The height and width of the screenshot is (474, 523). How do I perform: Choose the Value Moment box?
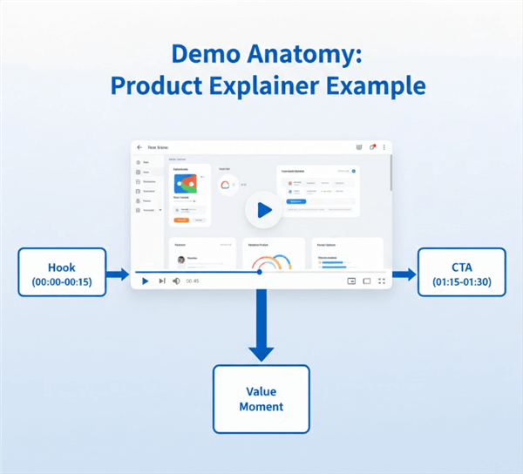coord(261,399)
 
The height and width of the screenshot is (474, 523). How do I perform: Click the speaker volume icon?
coord(176,281)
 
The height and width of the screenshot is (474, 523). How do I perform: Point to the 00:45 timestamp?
coord(193,281)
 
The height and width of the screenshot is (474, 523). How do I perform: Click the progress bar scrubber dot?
coord(259,272)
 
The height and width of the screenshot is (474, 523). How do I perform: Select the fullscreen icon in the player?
coord(382,281)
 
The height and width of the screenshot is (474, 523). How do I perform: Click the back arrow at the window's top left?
coord(139,147)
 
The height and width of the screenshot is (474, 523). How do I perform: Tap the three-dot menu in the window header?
coord(384,147)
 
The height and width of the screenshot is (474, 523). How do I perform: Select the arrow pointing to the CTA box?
coord(404,274)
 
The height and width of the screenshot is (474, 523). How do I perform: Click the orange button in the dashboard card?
coord(182,220)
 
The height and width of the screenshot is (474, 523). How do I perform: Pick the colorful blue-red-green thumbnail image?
coord(186,183)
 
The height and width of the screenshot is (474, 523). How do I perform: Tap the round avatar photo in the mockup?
coord(182,260)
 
